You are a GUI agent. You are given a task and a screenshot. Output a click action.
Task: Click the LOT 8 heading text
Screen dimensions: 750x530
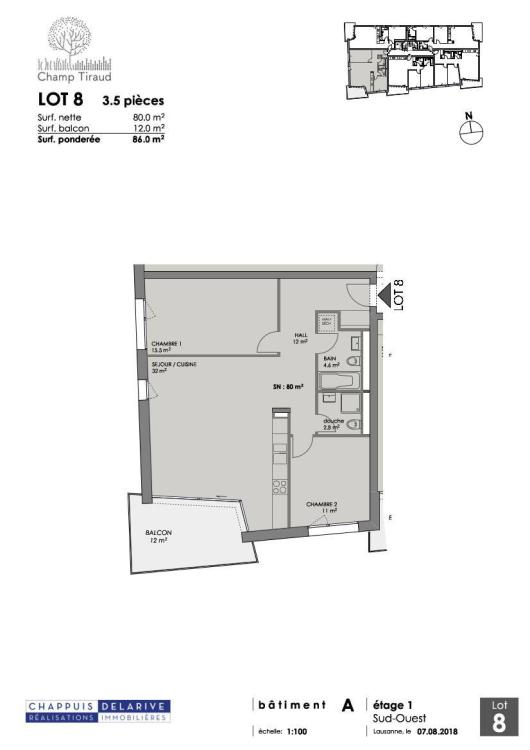click(60, 99)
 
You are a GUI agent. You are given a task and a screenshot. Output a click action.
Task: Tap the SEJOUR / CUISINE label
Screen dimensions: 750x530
click(173, 365)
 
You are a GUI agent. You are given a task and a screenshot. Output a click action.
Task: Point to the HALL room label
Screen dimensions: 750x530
click(298, 338)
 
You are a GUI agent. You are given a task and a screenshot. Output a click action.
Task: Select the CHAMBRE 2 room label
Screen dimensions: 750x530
click(322, 506)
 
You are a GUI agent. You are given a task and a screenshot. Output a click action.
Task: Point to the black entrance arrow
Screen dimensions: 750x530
click(384, 293)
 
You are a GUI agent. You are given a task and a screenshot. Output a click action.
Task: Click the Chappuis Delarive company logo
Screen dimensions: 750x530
click(98, 711)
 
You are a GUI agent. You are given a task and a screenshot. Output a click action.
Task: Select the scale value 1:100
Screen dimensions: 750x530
click(297, 731)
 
